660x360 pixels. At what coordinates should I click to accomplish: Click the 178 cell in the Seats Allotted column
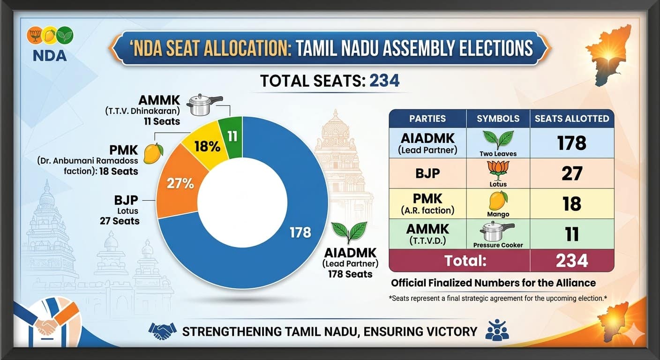[571, 142]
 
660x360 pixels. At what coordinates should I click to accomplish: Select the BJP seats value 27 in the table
[571, 173]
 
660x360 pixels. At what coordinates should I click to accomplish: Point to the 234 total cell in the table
[571, 260]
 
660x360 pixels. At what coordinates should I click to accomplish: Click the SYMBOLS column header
[498, 118]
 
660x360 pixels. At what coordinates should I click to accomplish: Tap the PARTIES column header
[427, 118]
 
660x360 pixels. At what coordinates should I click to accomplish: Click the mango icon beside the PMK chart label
[153, 153]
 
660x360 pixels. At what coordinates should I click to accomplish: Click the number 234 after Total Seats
[384, 81]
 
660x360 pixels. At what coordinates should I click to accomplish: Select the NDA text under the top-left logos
[50, 55]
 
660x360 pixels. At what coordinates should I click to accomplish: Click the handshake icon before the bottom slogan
[162, 331]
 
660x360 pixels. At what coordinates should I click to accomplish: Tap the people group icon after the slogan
[497, 330]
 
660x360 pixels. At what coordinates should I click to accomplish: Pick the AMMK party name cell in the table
[427, 233]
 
